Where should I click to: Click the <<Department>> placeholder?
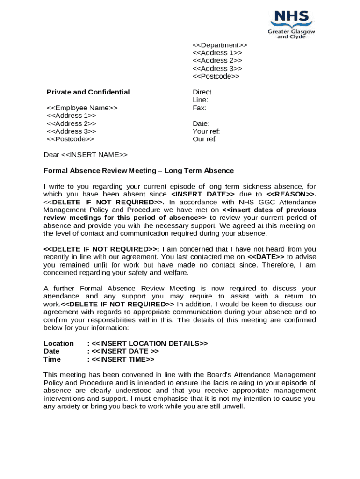[220, 45]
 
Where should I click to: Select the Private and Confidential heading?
[88, 92]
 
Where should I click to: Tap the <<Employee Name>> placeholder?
[82, 108]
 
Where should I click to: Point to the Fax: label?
[200, 108]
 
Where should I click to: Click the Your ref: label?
[206, 131]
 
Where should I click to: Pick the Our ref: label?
[205, 139]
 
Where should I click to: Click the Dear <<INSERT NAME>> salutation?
[85, 155]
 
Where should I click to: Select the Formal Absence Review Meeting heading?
[138, 171]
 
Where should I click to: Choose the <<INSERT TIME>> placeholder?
[123, 359]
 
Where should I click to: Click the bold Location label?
[58, 344]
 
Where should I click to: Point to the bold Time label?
[52, 359]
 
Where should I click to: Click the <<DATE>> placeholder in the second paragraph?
[266, 257]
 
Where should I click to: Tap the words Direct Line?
[202, 96]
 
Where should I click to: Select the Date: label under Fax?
[201, 123]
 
